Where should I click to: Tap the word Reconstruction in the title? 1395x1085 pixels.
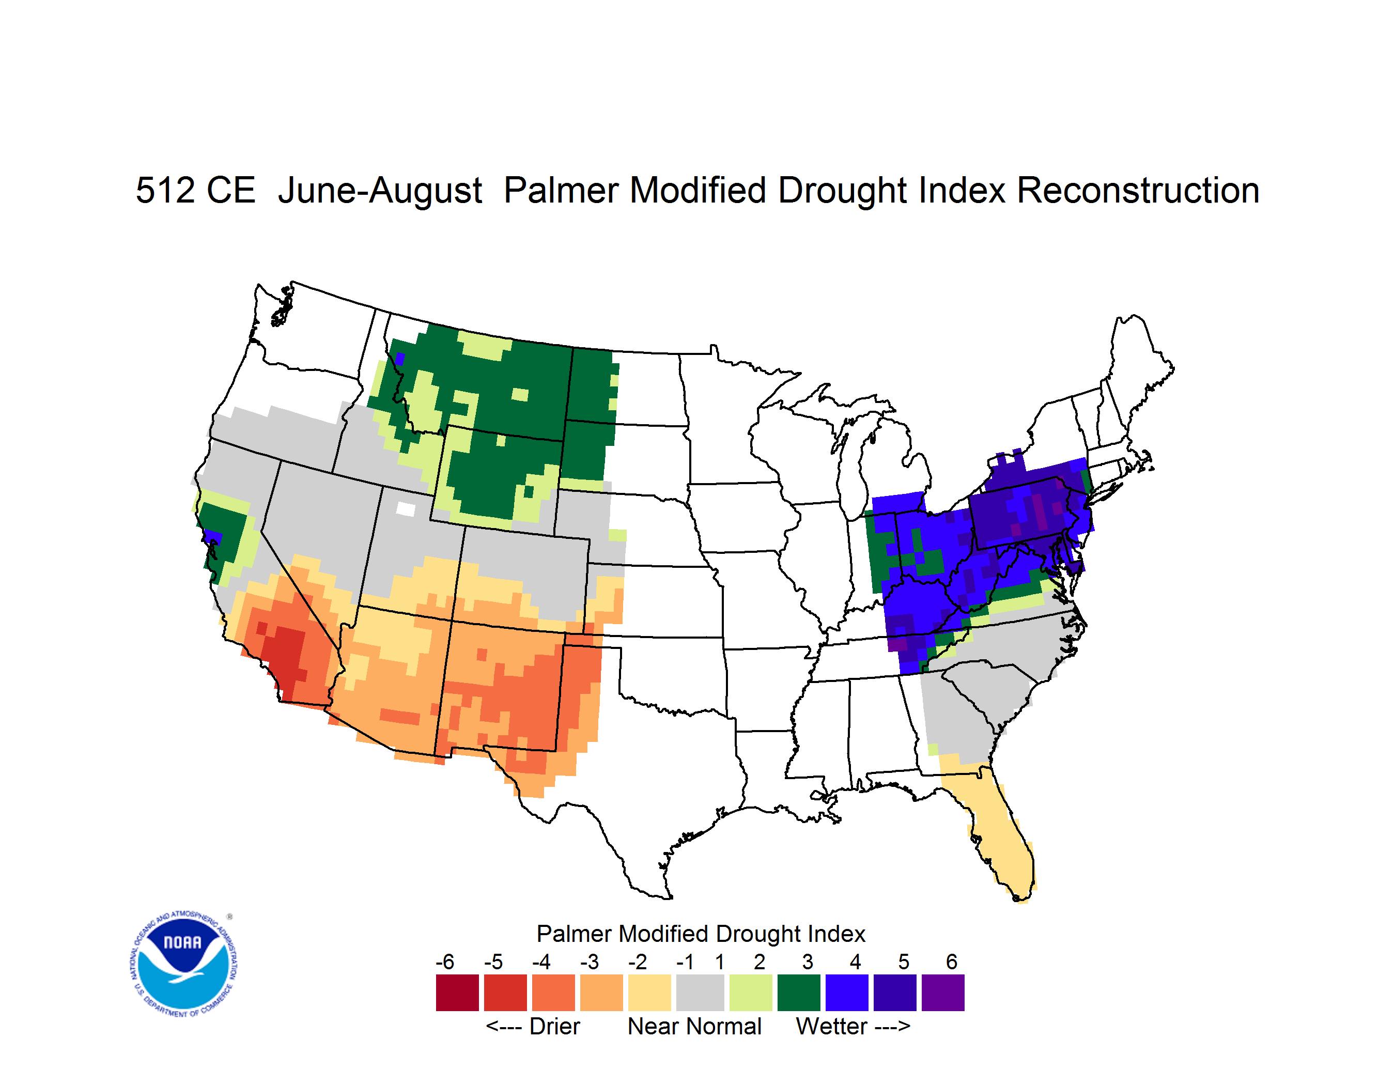tap(1138, 190)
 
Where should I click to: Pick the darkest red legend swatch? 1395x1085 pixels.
tap(457, 993)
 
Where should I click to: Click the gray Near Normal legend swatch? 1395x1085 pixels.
tap(700, 993)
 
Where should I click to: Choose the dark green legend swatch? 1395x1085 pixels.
tap(798, 993)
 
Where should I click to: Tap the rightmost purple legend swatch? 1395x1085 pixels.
tap(943, 993)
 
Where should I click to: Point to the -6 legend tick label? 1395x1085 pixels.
tap(445, 962)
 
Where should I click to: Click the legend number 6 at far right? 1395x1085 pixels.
tap(952, 962)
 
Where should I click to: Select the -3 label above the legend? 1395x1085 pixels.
tap(590, 962)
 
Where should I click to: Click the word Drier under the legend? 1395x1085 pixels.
tap(554, 1026)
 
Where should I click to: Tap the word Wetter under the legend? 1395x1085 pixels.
tap(832, 1026)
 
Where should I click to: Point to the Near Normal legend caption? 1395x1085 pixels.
tap(695, 1026)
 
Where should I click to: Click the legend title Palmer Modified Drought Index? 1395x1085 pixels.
tap(701, 934)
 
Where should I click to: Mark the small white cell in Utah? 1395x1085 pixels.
tap(406, 509)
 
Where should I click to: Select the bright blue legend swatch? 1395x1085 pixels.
tap(847, 993)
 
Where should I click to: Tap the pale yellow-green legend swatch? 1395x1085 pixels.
tap(751, 993)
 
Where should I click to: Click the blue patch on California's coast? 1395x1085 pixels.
tap(213, 537)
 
